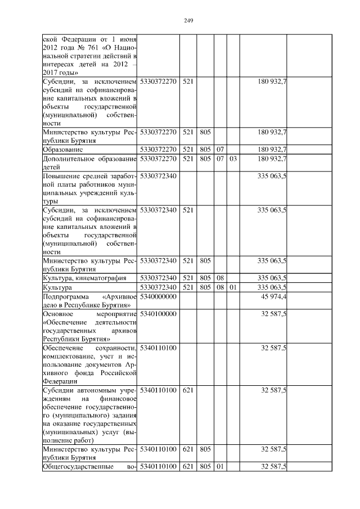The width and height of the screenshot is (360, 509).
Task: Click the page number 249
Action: click(x=188, y=21)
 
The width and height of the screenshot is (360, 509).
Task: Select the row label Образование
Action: click(x=63, y=150)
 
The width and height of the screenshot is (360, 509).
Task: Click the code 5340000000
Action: click(x=159, y=296)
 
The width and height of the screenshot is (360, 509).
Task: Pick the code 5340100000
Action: click(x=159, y=313)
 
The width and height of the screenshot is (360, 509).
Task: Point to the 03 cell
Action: click(x=233, y=159)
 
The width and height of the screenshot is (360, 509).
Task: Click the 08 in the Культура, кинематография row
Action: click(x=220, y=278)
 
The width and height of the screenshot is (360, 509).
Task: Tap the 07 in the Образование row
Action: click(x=220, y=150)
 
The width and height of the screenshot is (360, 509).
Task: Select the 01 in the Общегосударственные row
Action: click(x=220, y=467)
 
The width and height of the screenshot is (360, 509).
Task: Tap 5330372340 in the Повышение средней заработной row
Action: click(x=159, y=177)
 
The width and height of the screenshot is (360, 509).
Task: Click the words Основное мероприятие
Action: click(x=89, y=313)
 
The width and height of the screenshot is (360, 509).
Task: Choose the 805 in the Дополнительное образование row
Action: click(x=204, y=159)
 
